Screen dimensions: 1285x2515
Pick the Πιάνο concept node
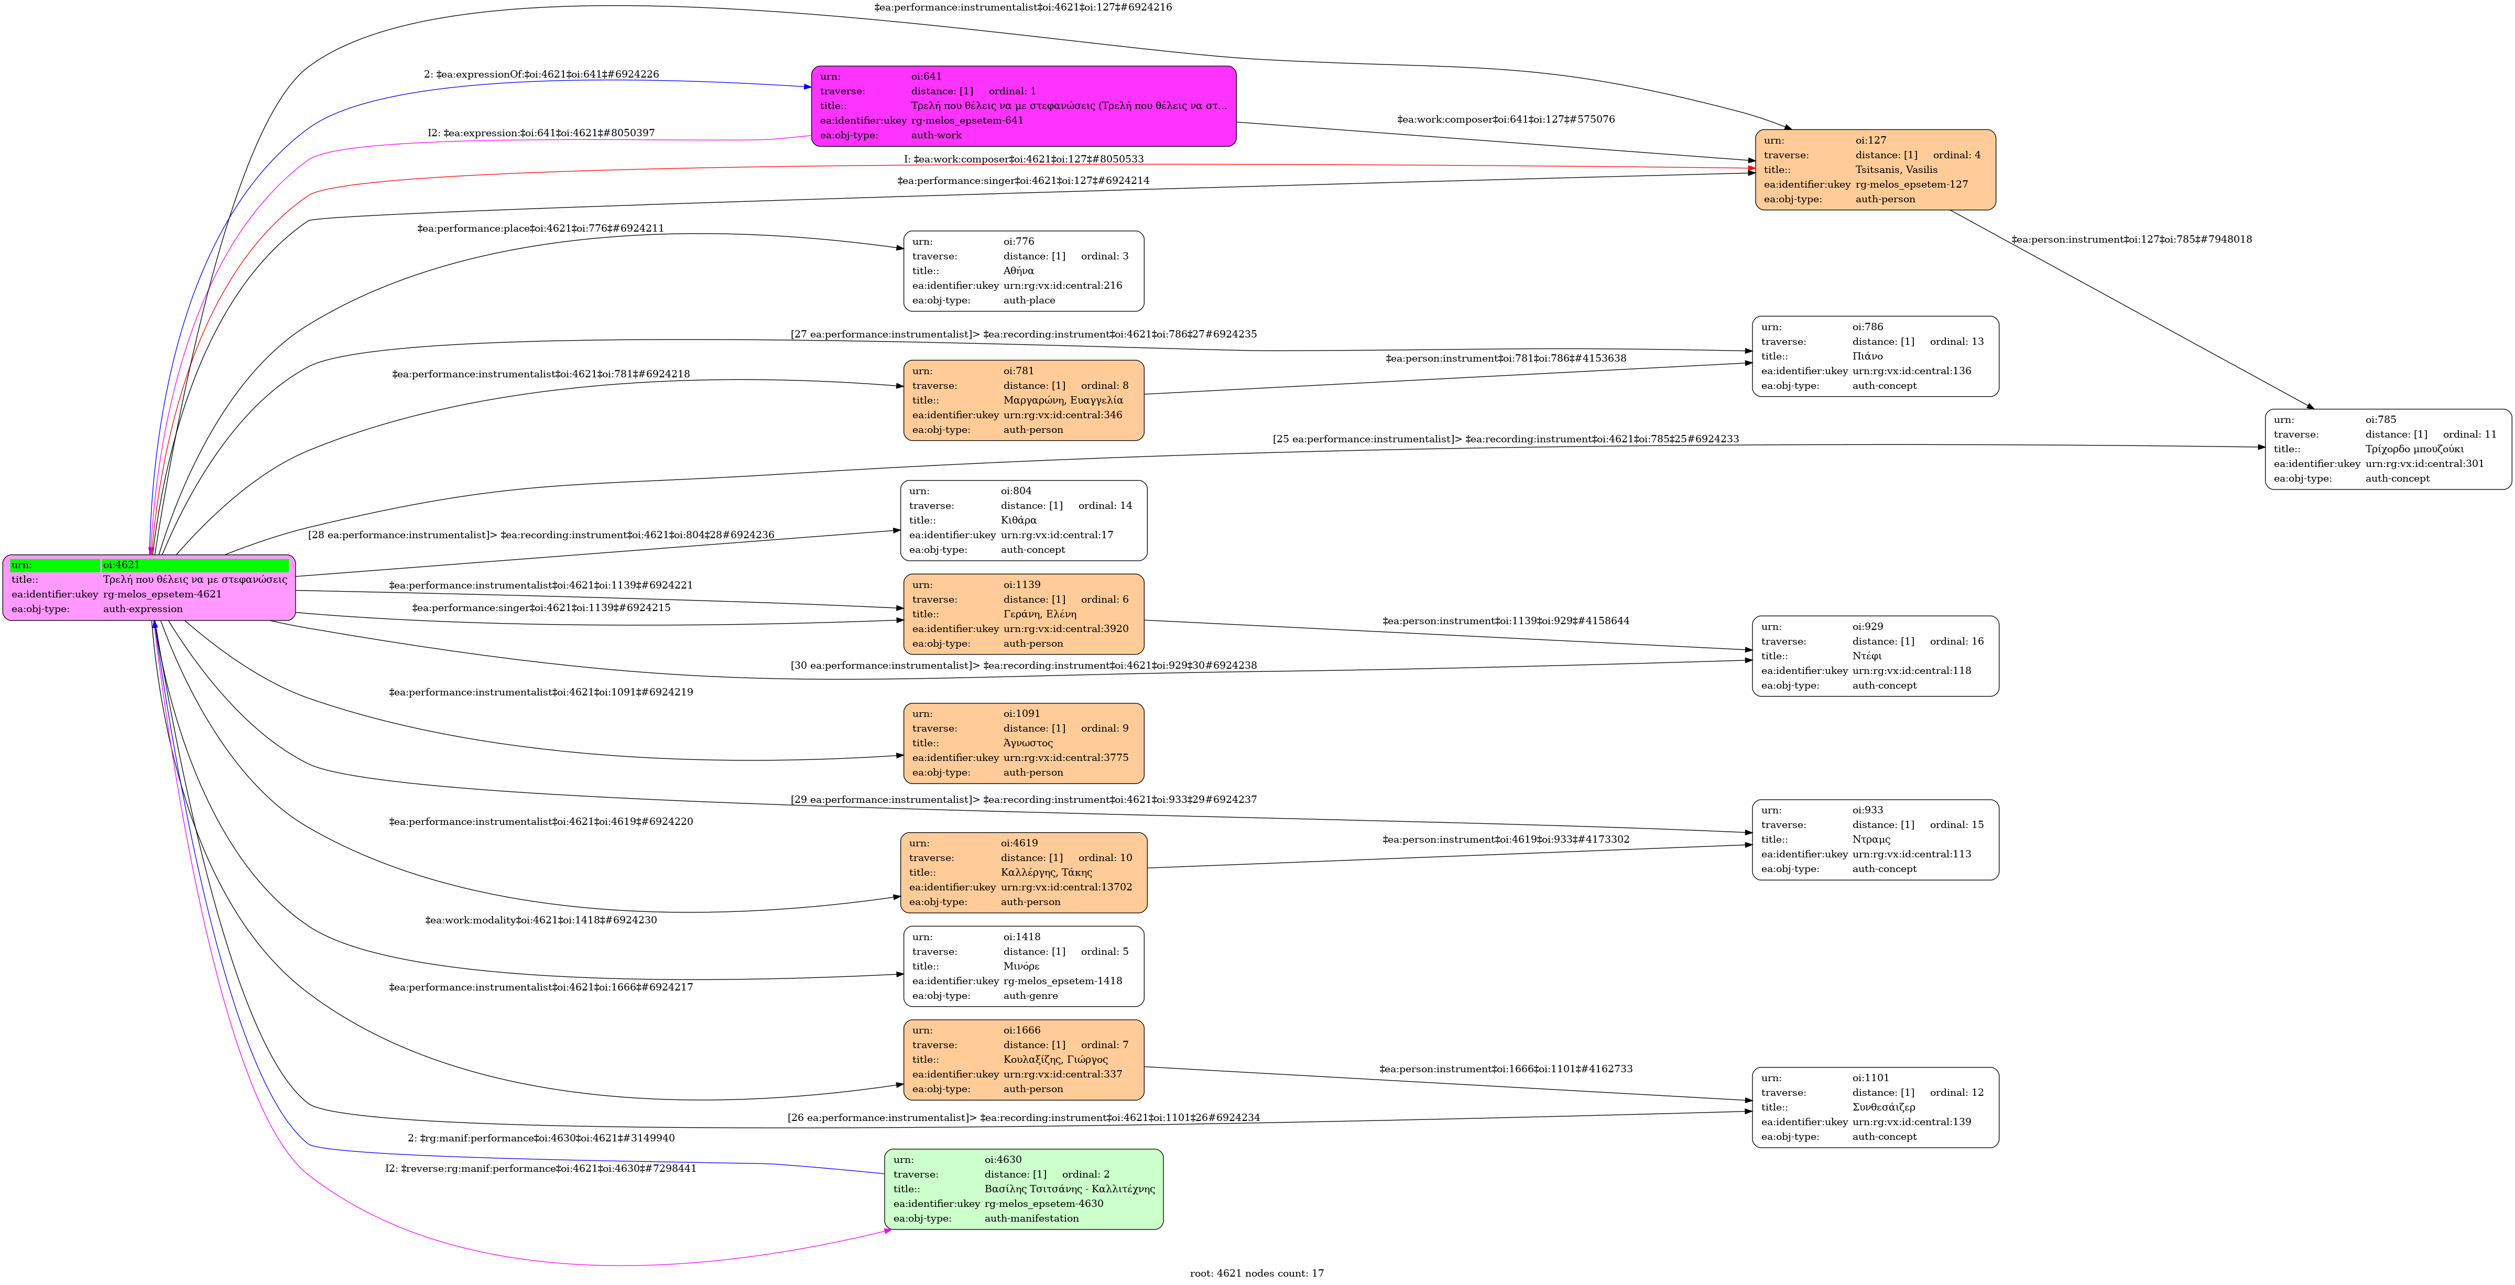(x=1875, y=356)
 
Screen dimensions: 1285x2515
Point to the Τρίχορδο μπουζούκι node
(x=2387, y=449)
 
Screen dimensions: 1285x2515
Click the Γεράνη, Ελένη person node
(x=1023, y=614)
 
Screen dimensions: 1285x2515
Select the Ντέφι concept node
(x=1875, y=656)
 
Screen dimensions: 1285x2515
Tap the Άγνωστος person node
(x=1023, y=743)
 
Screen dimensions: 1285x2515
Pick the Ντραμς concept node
(x=1875, y=840)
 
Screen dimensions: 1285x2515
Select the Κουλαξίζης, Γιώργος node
(x=1023, y=1060)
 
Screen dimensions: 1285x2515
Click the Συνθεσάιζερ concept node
(x=1875, y=1107)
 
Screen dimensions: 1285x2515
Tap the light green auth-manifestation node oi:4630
(x=1023, y=1189)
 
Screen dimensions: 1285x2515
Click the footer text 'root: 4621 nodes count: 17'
(x=1257, y=1273)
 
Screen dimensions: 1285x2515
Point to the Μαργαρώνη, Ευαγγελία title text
(x=1062, y=400)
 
